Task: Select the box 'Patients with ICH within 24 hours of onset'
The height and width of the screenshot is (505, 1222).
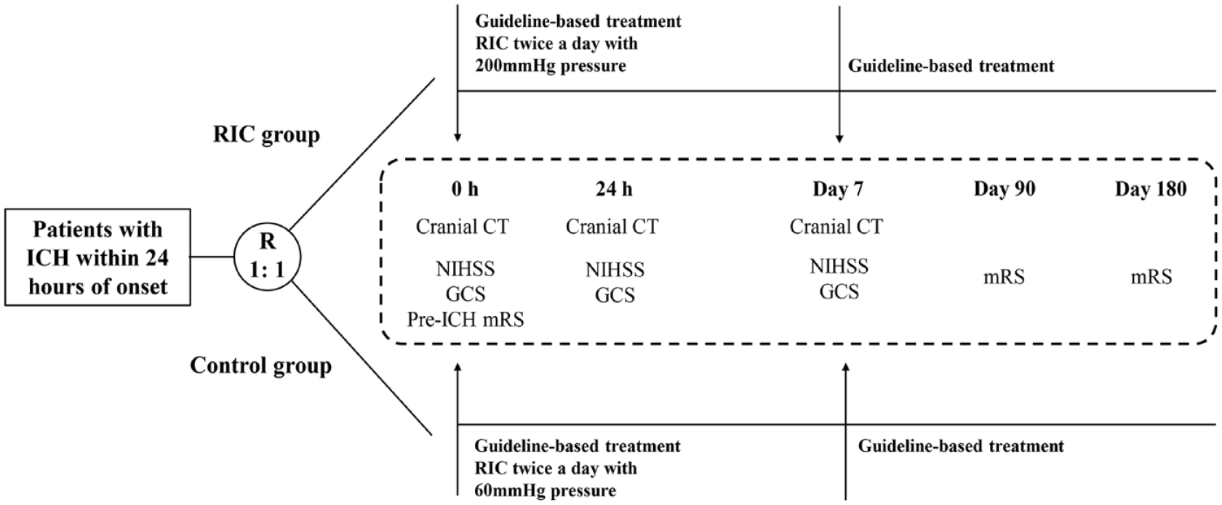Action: [97, 257]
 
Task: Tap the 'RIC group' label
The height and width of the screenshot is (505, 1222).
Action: [266, 135]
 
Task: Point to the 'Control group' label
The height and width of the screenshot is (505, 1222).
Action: [260, 365]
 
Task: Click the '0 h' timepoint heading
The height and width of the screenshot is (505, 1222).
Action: [465, 189]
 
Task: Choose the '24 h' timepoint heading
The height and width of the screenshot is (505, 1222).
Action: [614, 189]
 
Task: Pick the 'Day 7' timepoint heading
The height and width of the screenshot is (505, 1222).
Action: [838, 189]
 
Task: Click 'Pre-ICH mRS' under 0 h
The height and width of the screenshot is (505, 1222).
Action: [466, 319]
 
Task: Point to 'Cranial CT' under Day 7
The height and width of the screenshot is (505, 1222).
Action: [836, 226]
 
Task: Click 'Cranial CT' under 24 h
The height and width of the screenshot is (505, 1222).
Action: [612, 226]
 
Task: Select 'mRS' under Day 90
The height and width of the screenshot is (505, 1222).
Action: [1004, 278]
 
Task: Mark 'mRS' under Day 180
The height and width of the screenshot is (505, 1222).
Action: [1151, 278]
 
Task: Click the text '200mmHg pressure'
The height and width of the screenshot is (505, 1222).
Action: [551, 66]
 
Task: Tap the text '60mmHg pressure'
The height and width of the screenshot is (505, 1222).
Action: [545, 490]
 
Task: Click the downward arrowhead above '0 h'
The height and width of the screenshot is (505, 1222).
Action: [458, 137]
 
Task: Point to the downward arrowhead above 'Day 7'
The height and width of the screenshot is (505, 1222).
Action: [839, 137]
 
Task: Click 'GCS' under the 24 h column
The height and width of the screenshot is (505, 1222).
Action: [615, 295]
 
